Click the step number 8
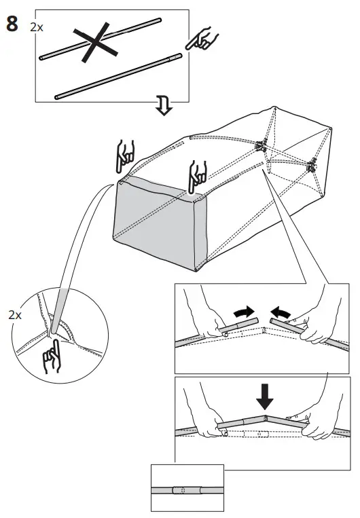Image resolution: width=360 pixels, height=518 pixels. coord(12,26)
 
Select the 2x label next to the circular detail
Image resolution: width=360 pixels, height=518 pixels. coord(14,316)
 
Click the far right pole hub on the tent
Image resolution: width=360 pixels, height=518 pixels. coord(312,164)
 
